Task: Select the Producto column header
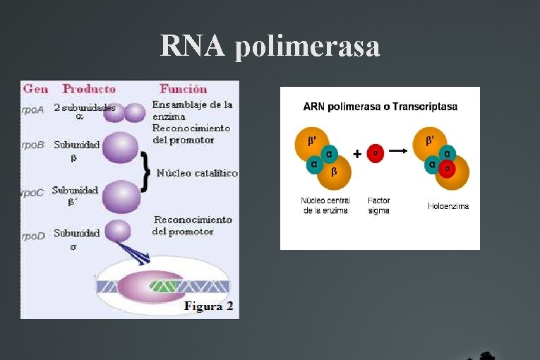coord(89,89)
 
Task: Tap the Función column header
coord(184,89)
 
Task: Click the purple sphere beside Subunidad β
coord(121,150)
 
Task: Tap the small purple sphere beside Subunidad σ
coord(118,231)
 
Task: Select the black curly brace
coord(145,173)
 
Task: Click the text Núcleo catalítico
coord(197,173)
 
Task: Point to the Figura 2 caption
coord(208,306)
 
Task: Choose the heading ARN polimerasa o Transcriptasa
coord(380,107)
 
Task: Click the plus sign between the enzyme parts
coord(357,153)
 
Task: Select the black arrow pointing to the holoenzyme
coord(399,151)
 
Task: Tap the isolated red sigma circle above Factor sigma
coord(376,153)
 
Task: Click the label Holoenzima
coord(448,206)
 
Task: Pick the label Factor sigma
coord(378,205)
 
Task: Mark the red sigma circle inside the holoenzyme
coord(446,168)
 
